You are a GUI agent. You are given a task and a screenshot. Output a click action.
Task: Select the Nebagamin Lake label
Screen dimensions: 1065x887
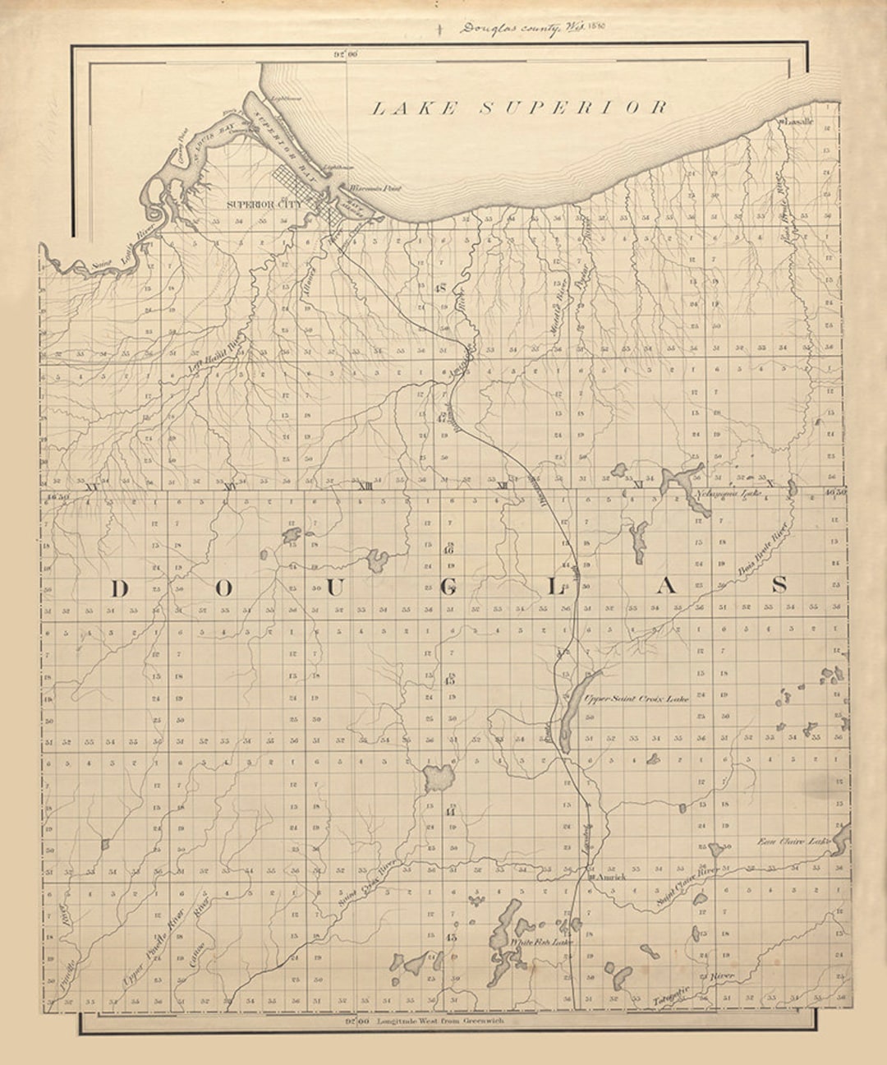(728, 494)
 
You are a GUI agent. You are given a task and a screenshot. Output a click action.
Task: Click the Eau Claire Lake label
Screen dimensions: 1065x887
(793, 841)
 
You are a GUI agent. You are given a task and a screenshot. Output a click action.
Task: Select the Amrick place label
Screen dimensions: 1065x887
(611, 878)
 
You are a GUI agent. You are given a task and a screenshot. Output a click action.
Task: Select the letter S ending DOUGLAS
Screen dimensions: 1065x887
(779, 584)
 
